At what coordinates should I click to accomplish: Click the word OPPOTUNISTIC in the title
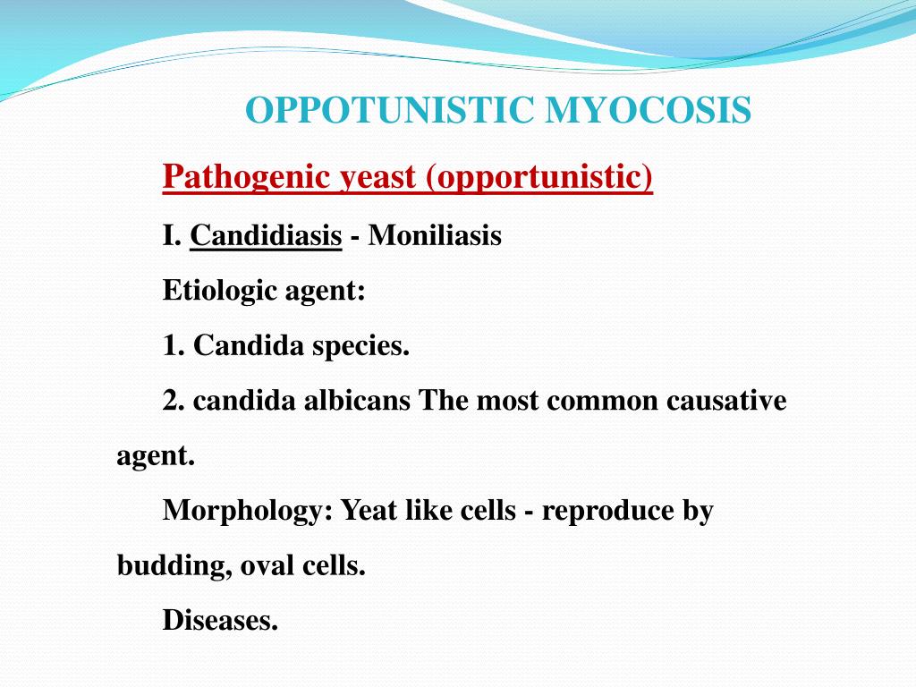click(390, 111)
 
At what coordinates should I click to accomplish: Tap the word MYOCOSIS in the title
click(648, 111)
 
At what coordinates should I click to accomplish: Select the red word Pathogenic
click(247, 177)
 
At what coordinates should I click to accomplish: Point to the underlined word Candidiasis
click(266, 236)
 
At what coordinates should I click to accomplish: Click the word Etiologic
click(217, 291)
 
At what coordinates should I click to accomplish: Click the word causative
click(726, 400)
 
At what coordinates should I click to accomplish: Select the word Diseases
click(220, 620)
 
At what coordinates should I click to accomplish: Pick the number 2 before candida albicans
click(171, 400)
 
